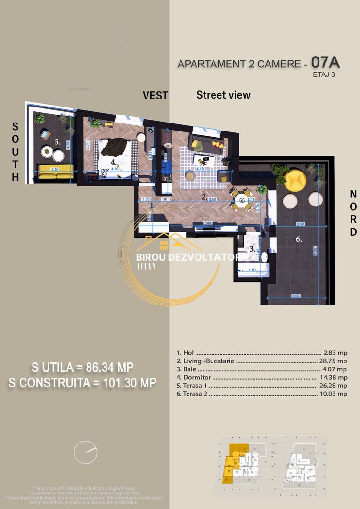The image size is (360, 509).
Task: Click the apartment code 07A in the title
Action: coord(325,62)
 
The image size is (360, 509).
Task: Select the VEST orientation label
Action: coord(155,96)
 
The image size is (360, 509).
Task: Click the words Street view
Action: coord(223,95)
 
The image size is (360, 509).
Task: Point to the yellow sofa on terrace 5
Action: coord(55,170)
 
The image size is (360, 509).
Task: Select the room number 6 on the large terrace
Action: coord(299,239)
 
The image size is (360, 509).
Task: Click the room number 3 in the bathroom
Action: coord(252,249)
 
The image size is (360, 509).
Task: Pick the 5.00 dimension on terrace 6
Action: coord(295,296)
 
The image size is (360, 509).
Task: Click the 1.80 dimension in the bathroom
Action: coord(252,270)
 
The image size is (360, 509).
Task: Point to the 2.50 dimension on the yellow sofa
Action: coord(55,169)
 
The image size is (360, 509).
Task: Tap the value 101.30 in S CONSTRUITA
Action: coord(126,383)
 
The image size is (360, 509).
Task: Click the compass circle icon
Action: coord(85,452)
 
